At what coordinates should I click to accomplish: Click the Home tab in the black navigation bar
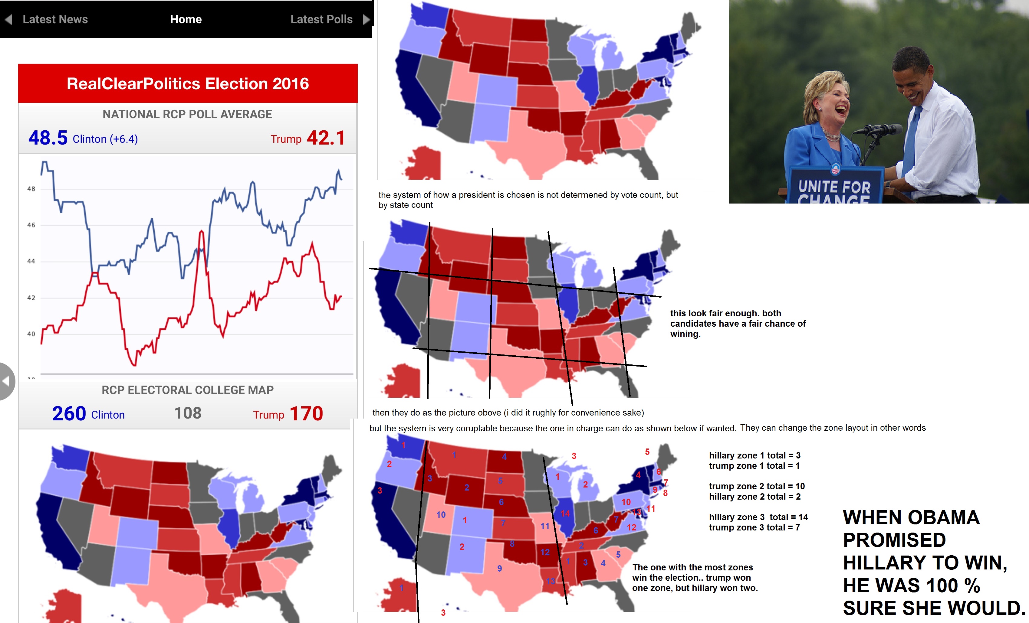click(x=186, y=19)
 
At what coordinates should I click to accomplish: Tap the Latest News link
click(x=55, y=19)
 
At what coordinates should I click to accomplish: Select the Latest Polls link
click(x=321, y=19)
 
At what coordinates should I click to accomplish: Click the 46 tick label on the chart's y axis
click(x=31, y=225)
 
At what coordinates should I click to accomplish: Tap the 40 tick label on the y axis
click(x=31, y=334)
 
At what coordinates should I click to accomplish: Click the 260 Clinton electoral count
click(x=69, y=413)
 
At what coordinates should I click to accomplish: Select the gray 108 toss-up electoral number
click(x=188, y=413)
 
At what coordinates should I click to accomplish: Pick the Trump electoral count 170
click(x=306, y=413)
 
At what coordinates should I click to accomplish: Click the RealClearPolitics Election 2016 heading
click(x=188, y=83)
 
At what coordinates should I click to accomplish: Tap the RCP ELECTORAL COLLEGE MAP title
click(x=188, y=390)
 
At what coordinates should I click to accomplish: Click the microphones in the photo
click(x=877, y=130)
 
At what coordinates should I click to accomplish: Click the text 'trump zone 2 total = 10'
click(x=757, y=486)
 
